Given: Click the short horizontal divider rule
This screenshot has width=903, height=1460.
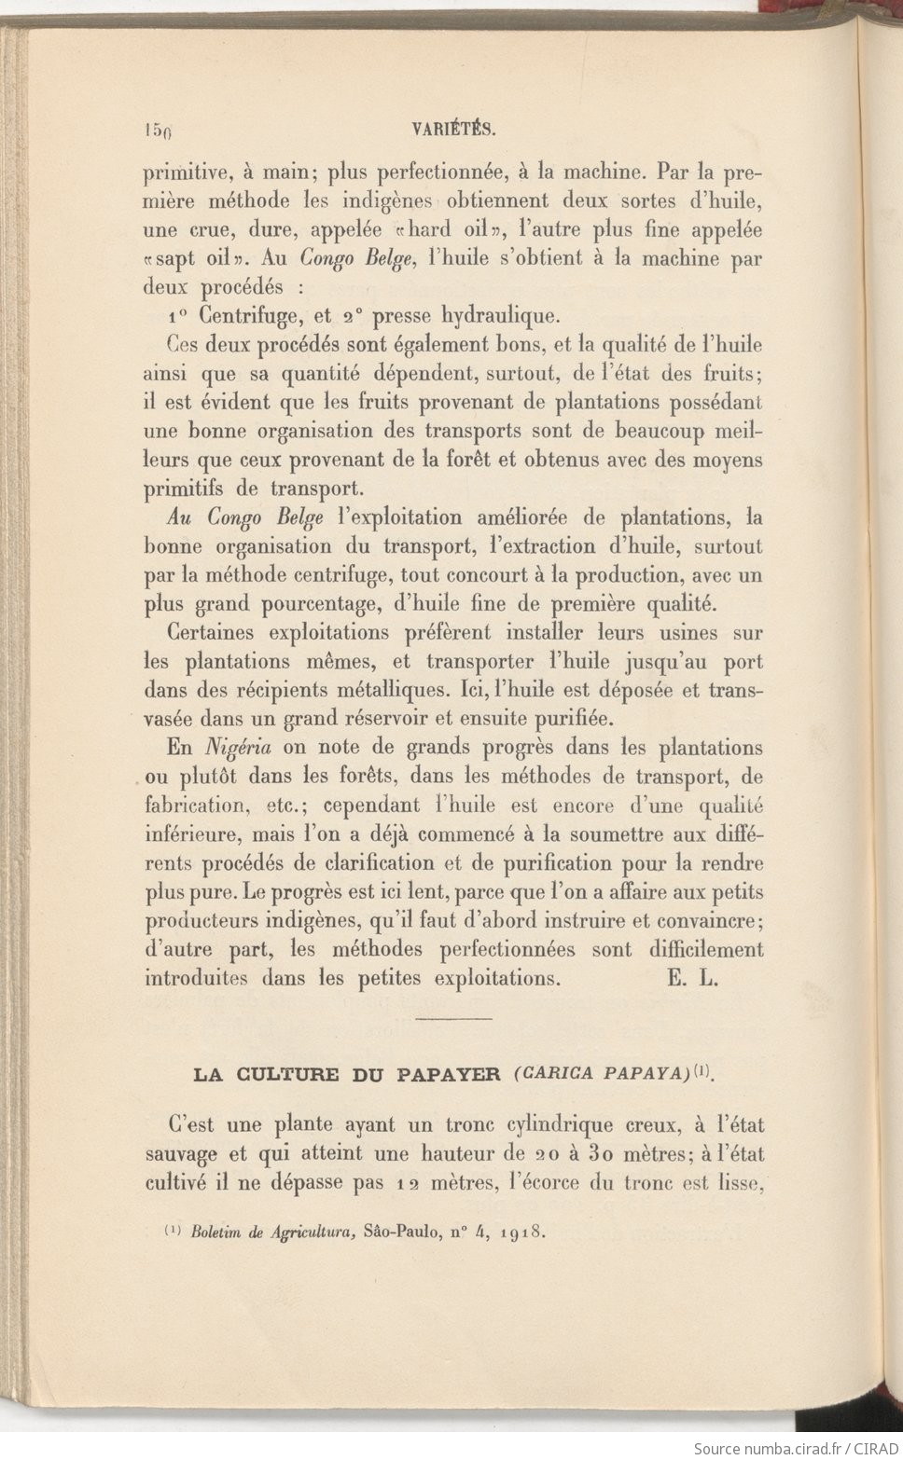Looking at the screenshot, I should [452, 1018].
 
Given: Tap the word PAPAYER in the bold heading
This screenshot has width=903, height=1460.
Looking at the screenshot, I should [449, 1074].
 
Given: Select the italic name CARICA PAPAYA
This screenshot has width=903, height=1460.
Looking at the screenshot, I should [602, 1073].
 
